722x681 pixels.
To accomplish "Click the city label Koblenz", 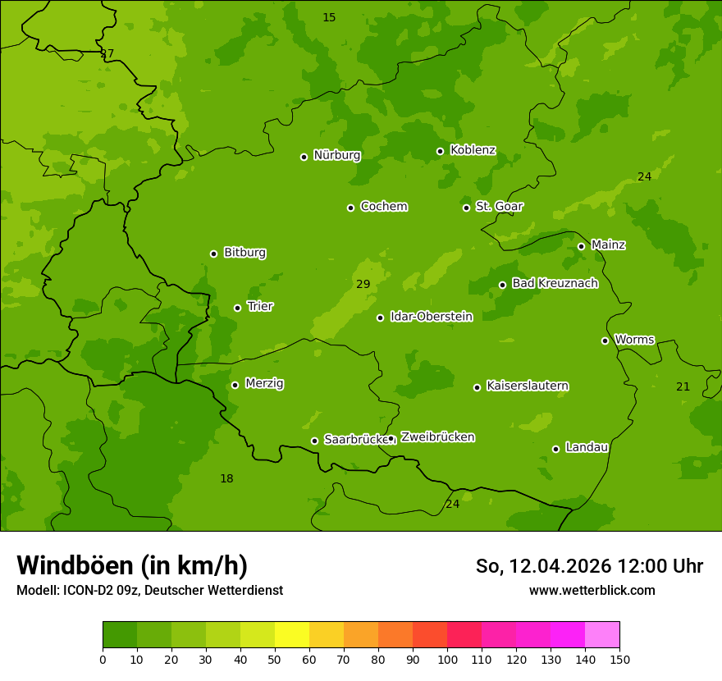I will (x=473, y=150).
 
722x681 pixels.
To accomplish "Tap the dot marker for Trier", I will (x=238, y=308).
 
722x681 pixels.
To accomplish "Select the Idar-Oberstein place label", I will (x=431, y=317).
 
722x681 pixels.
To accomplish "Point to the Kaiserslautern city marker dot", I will (x=477, y=387).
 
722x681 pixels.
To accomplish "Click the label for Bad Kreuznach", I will (x=555, y=283).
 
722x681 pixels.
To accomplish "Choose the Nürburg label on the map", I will (x=336, y=155).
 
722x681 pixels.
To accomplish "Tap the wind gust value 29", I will (x=363, y=284).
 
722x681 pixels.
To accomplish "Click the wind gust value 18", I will (x=226, y=478).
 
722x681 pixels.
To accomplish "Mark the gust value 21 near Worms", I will (x=683, y=386).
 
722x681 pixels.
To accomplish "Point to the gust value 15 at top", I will (x=329, y=17).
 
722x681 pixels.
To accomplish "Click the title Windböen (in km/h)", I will (x=132, y=565).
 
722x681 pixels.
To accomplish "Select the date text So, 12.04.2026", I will (x=543, y=566).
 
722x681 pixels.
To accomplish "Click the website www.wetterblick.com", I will (x=592, y=590).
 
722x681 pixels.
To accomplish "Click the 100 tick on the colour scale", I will (x=447, y=659).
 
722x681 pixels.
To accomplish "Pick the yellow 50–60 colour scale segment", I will (x=292, y=635).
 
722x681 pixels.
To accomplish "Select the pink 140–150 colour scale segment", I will (x=602, y=635).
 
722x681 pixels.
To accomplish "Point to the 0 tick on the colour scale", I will (x=103, y=659).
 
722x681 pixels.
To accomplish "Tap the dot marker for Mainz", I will (x=581, y=246).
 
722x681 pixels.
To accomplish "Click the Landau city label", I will (x=587, y=447).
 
